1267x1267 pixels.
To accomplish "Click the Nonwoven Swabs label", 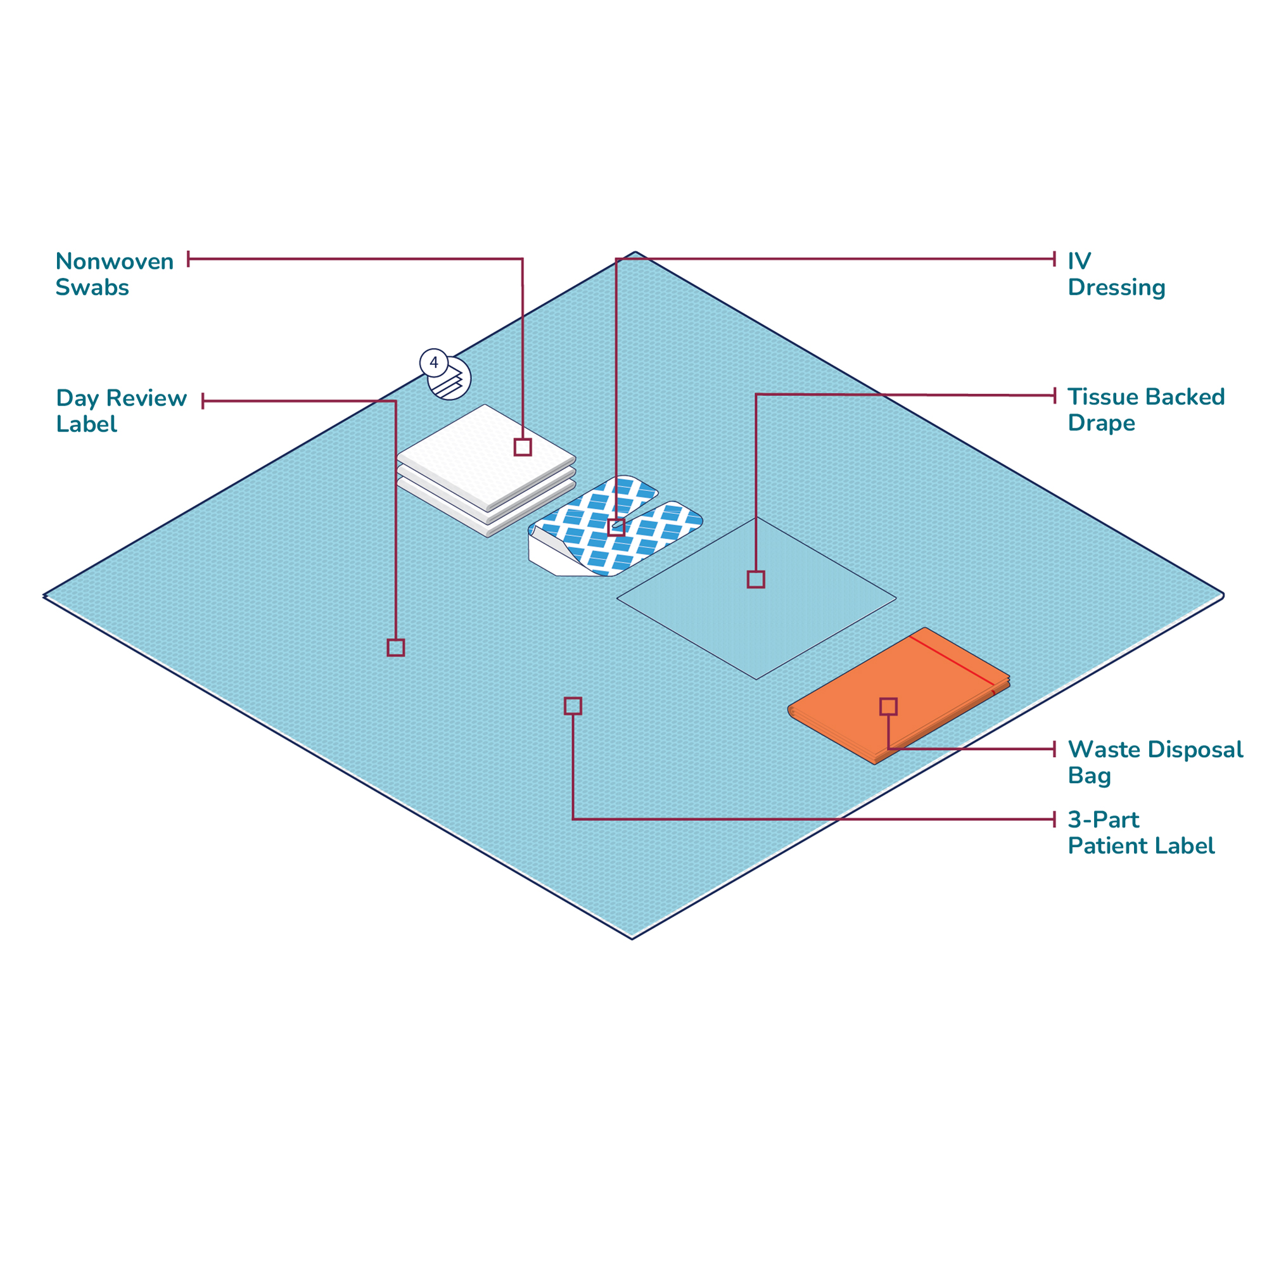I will [114, 274].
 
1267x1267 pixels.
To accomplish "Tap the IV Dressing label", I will [1116, 274].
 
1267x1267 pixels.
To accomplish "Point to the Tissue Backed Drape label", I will [1145, 410].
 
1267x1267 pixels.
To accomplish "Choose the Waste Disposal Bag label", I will [1154, 762].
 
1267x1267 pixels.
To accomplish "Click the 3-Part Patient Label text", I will [1140, 832].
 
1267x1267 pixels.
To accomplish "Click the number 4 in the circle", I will [433, 362].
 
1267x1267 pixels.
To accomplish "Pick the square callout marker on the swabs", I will [523, 447].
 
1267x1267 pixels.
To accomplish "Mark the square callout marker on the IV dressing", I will [616, 526].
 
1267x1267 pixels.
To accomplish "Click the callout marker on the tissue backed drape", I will [756, 579].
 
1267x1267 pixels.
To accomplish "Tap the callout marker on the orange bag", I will [888, 706].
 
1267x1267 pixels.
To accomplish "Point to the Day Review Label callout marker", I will [395, 647].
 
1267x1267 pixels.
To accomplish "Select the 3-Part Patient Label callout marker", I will [573, 706].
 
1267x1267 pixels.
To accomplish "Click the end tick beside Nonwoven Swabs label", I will [188, 259].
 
